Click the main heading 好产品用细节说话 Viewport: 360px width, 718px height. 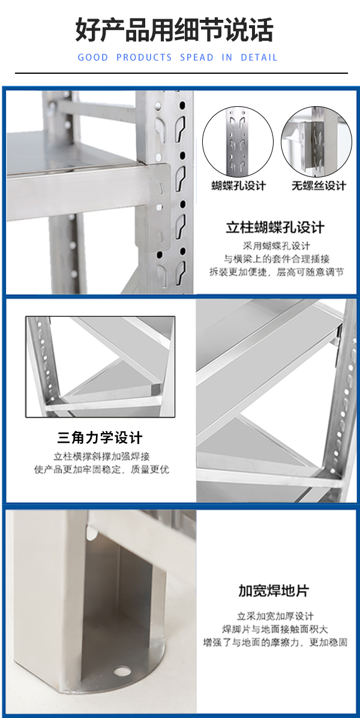pos(175,30)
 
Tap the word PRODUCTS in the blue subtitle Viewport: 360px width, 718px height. pos(144,58)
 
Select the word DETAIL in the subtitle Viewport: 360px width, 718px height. pos(259,58)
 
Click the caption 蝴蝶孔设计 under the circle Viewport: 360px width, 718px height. pos(239,185)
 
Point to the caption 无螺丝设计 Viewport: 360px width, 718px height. pos(319,185)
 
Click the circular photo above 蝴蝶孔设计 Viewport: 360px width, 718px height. pos(238,142)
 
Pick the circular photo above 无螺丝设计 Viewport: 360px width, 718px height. pos(316,142)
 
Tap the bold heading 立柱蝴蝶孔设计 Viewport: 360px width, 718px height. pos(275,227)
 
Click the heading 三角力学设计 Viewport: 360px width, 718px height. pos(100,438)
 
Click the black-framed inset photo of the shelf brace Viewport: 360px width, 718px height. pos(100,366)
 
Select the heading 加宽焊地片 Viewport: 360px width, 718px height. pos(274,591)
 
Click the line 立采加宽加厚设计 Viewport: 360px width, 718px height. pos(275,616)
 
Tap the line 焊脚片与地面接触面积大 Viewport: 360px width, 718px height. pos(275,629)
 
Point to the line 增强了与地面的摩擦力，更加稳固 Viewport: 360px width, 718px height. pos(275,642)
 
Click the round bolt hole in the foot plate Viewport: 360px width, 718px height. pos(122,672)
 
